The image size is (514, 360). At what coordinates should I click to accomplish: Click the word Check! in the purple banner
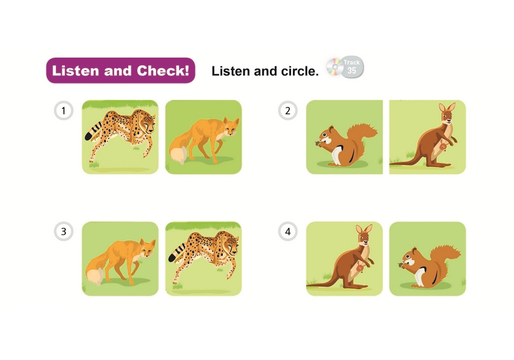point(163,71)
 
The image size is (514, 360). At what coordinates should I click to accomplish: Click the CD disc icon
point(334,67)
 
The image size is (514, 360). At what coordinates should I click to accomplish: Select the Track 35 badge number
point(351,71)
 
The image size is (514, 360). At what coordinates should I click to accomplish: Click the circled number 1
point(64,111)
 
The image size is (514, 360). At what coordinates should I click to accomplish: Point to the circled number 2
point(288,111)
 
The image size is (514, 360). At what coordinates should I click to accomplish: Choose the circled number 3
point(64,231)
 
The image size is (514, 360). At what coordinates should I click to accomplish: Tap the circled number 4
point(288,231)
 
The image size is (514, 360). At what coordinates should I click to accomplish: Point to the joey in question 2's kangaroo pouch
point(443,145)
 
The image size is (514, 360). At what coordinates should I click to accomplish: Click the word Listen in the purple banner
point(75,71)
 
